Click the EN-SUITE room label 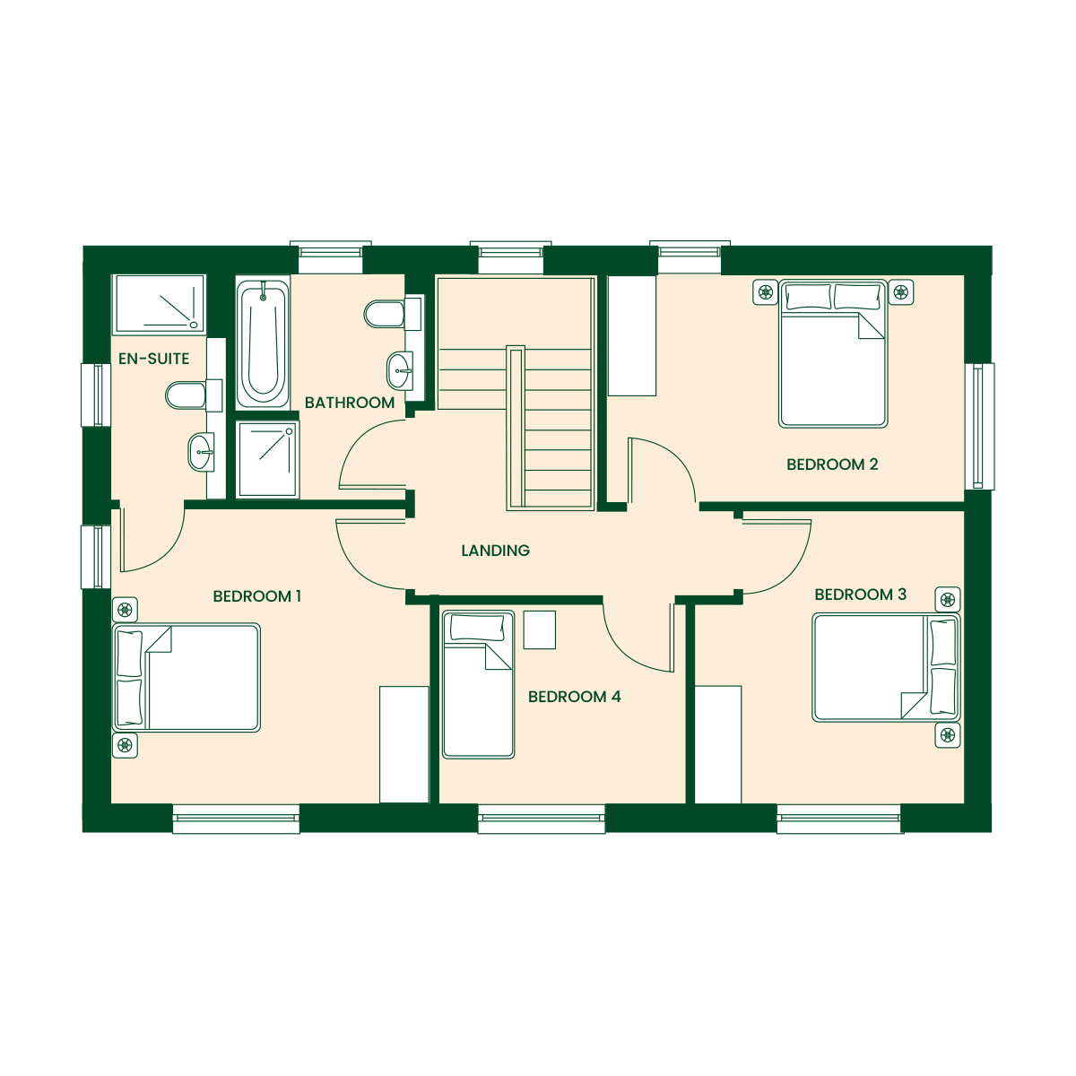[153, 359]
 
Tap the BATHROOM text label [350, 402]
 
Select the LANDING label [495, 551]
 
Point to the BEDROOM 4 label [574, 697]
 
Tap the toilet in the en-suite [194, 395]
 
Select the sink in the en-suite [201, 452]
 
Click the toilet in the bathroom [394, 314]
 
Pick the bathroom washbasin [400, 370]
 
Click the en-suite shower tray [159, 304]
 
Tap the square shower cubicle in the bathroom [267, 460]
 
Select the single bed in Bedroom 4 [478, 684]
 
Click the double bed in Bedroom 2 [832, 354]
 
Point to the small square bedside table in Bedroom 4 [540, 629]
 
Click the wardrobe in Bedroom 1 [404, 744]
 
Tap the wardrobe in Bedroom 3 [718, 744]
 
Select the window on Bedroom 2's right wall [979, 427]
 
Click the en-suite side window [96, 395]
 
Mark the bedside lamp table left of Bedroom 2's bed [765, 292]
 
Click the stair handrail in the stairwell [516, 428]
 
